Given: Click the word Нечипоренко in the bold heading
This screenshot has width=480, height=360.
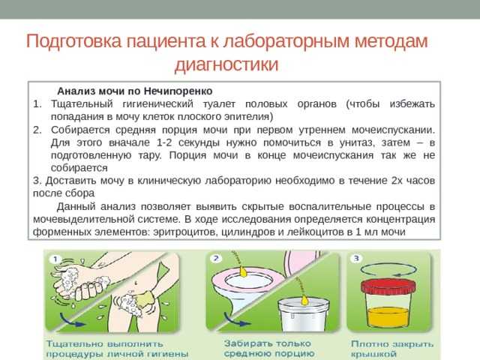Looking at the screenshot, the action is pyautogui.click(x=178, y=91).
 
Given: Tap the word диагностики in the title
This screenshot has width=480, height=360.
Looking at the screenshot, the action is pyautogui.click(x=226, y=64).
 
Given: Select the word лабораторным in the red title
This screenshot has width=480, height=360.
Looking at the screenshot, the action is pyautogui.click(x=286, y=41).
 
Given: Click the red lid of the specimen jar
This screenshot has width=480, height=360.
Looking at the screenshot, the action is pyautogui.click(x=388, y=287).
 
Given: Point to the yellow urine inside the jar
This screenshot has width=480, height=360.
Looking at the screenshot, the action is pyautogui.click(x=388, y=317).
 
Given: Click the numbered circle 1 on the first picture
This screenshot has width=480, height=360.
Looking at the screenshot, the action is pyautogui.click(x=55, y=259).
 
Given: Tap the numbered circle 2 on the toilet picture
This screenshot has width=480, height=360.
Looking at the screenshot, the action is pyautogui.click(x=216, y=258).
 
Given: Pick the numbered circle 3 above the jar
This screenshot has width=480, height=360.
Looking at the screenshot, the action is pyautogui.click(x=356, y=259).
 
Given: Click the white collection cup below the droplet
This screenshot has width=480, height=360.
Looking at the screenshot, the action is pyautogui.click(x=303, y=315).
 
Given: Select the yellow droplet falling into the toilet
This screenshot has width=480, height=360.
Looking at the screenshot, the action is pyautogui.click(x=243, y=271).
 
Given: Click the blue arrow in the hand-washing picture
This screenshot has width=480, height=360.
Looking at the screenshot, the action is pyautogui.click(x=72, y=320).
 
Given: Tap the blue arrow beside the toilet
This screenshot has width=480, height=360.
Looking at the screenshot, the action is pyautogui.click(x=237, y=319).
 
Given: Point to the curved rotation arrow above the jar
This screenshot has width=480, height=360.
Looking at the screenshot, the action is pyautogui.click(x=388, y=270).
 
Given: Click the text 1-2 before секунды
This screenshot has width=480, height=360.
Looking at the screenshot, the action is pyautogui.click(x=165, y=142).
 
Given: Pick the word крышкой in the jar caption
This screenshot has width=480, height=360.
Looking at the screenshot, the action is pyautogui.click(x=373, y=355).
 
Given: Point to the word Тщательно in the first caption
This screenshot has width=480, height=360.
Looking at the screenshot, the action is pyautogui.click(x=73, y=344).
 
